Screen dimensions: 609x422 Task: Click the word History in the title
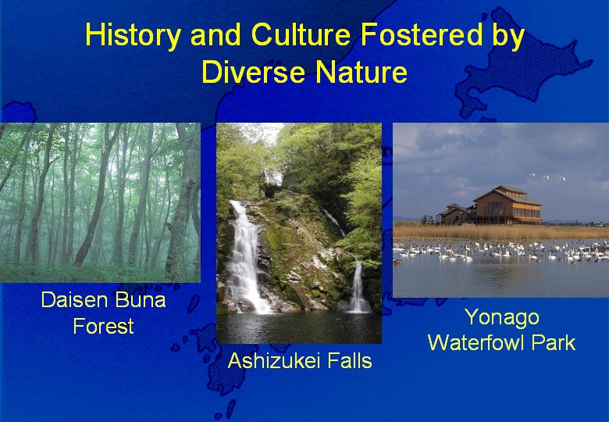133,36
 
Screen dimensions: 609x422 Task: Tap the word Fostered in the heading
422,34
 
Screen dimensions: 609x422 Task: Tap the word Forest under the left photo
103,326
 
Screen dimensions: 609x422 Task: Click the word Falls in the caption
350,360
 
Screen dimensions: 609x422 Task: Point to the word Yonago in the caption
502,318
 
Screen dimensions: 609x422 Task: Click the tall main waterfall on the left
245,257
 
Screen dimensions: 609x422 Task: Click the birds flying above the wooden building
548,177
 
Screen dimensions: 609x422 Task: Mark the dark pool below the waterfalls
299,327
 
